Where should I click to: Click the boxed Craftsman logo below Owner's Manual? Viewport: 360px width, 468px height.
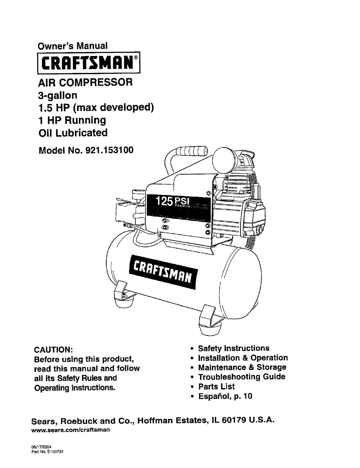[x=88, y=63]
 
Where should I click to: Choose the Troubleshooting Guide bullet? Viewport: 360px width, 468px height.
[x=241, y=377]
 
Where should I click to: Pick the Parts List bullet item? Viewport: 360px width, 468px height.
[x=216, y=387]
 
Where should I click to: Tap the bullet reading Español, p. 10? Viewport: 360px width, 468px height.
[x=225, y=397]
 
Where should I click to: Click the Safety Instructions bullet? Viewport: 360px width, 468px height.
[x=234, y=348]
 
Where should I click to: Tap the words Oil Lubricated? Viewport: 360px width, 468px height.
[x=73, y=133]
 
